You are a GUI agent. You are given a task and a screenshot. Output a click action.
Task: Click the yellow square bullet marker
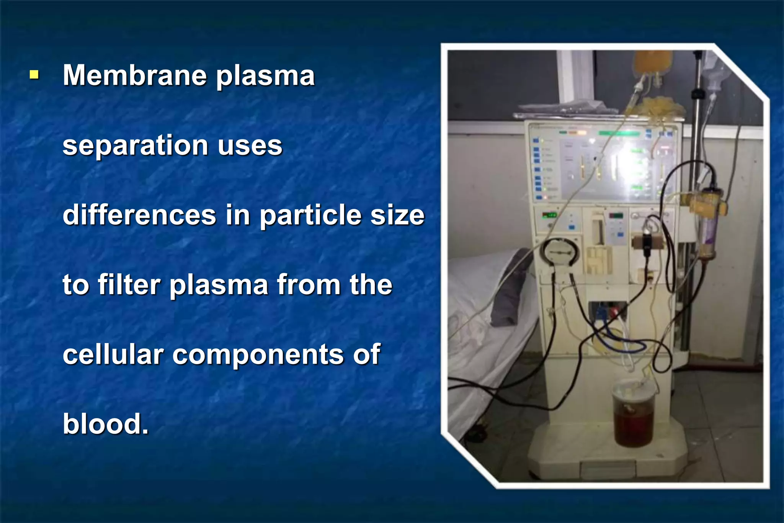point(34,74)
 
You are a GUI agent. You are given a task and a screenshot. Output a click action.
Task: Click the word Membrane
point(134,75)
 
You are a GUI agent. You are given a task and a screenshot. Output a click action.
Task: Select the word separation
point(135,146)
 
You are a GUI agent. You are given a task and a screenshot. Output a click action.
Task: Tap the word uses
point(250,146)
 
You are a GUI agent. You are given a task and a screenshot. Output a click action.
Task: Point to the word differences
point(139,215)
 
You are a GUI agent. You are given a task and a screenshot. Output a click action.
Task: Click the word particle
point(310,216)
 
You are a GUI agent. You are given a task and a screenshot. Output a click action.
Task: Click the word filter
point(129,285)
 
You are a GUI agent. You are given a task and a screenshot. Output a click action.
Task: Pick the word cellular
point(113,355)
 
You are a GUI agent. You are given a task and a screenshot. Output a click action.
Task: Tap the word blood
point(105,424)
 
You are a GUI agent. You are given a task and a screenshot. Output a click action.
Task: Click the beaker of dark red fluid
point(633,417)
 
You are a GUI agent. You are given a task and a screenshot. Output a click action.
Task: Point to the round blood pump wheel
point(560,253)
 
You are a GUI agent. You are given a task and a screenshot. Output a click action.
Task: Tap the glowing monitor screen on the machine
point(620,165)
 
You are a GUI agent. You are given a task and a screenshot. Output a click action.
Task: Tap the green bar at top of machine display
point(619,133)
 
